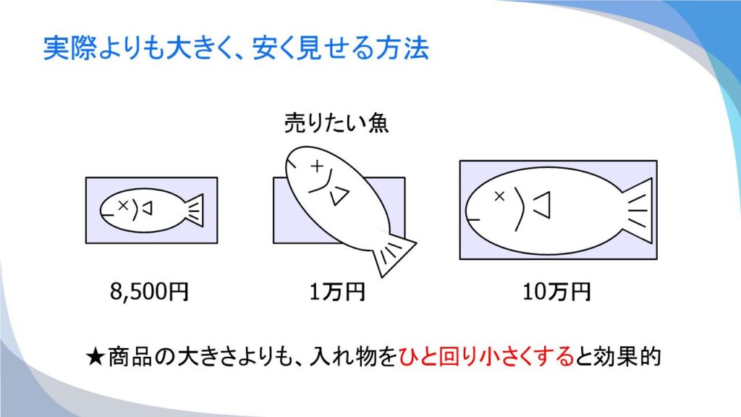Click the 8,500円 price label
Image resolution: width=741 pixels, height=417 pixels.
click(x=149, y=291)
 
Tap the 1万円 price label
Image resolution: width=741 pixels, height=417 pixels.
click(x=337, y=291)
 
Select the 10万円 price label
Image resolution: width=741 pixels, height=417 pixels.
click(x=556, y=291)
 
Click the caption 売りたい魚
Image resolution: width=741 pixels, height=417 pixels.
click(x=336, y=123)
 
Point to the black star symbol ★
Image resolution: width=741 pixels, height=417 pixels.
click(x=96, y=357)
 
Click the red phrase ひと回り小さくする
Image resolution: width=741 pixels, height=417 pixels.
click(x=486, y=356)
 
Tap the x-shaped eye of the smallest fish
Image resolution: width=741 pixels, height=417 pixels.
click(x=123, y=205)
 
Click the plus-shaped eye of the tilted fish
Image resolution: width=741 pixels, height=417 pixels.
click(x=317, y=166)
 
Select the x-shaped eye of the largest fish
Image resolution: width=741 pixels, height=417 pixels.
click(x=499, y=195)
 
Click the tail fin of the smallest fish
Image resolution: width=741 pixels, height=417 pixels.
click(x=195, y=210)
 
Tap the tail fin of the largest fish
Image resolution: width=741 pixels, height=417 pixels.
click(x=638, y=210)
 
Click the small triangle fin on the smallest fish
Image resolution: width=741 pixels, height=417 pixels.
click(x=148, y=208)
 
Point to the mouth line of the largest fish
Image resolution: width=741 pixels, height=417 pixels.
click(x=473, y=219)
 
